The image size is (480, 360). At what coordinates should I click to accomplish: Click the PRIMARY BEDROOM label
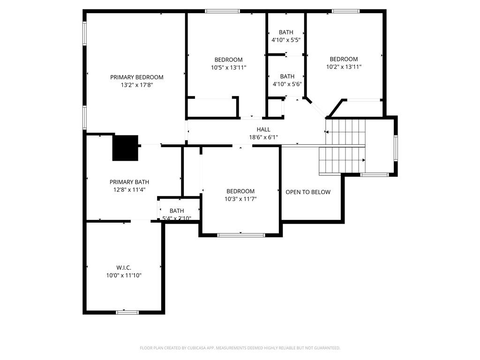pyautogui.click(x=136, y=77)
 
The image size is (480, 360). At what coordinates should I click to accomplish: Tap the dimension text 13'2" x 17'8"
pyautogui.click(x=136, y=85)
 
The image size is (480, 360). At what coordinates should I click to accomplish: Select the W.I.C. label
pyautogui.click(x=124, y=268)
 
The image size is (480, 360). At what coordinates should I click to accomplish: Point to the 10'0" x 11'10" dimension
pyautogui.click(x=124, y=276)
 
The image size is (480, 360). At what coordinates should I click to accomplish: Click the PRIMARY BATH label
pyautogui.click(x=129, y=182)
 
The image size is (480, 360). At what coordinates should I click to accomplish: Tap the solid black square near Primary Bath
pyautogui.click(x=125, y=148)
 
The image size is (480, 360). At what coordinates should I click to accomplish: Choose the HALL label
pyautogui.click(x=263, y=129)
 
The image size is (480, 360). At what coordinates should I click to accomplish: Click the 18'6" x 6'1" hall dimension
pyautogui.click(x=263, y=137)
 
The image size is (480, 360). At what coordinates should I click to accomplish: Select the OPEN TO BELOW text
pyautogui.click(x=308, y=192)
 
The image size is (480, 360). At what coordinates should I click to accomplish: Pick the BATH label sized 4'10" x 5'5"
pyautogui.click(x=286, y=32)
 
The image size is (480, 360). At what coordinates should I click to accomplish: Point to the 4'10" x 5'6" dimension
pyautogui.click(x=287, y=84)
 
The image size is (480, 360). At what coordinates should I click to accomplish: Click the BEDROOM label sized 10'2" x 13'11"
pyautogui.click(x=344, y=59)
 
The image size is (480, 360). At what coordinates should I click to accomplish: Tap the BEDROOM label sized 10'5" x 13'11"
pyautogui.click(x=228, y=60)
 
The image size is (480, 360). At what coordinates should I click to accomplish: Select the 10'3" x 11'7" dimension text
pyautogui.click(x=240, y=199)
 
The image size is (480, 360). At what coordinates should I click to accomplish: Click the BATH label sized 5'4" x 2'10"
pyautogui.click(x=177, y=210)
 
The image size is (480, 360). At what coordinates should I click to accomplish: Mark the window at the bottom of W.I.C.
pyautogui.click(x=127, y=312)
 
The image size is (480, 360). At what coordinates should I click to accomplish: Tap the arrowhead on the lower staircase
pyautogui.click(x=363, y=160)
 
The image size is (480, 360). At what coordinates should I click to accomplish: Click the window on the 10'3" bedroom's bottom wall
pyautogui.click(x=240, y=235)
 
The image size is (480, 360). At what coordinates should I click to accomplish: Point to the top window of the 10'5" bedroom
pyautogui.click(x=222, y=11)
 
